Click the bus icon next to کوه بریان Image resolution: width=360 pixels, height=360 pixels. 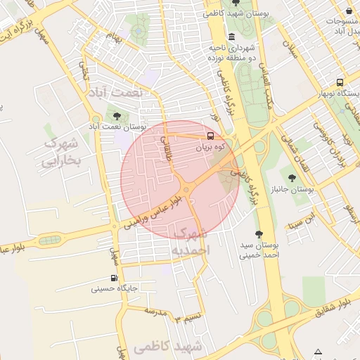point(210,136)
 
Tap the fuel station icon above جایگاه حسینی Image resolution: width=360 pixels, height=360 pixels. point(114,278)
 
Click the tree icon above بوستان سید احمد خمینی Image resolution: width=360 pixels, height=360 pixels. point(259,234)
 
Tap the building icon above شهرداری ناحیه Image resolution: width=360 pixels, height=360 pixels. point(231,37)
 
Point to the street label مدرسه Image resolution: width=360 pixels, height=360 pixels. point(159,310)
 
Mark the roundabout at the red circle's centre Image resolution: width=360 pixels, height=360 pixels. point(186,190)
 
